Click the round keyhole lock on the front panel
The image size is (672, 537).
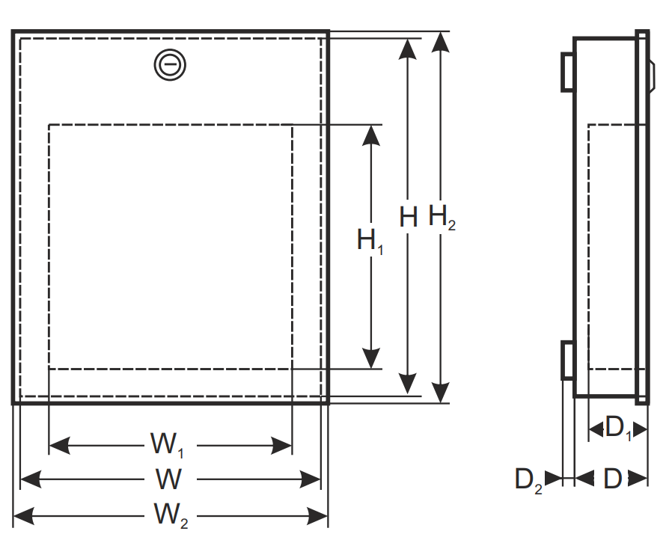(x=170, y=64)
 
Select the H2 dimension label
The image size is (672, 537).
(x=442, y=218)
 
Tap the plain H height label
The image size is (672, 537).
(x=408, y=217)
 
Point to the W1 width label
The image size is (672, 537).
(x=168, y=445)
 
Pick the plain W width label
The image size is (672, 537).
(x=168, y=479)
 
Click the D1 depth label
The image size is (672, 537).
(x=618, y=429)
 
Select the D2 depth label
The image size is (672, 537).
(x=528, y=481)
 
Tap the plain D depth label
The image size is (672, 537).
(x=613, y=479)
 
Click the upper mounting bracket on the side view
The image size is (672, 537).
(x=567, y=73)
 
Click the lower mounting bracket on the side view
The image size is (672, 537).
(x=567, y=360)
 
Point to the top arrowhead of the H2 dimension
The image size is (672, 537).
(x=440, y=42)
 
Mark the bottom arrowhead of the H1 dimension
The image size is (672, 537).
(x=370, y=358)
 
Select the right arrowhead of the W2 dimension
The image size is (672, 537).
(x=317, y=515)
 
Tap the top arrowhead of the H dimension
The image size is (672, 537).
(x=407, y=49)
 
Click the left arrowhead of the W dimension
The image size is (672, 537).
(x=31, y=479)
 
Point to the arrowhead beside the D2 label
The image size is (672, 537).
(x=553, y=478)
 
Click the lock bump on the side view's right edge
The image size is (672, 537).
(x=652, y=76)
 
